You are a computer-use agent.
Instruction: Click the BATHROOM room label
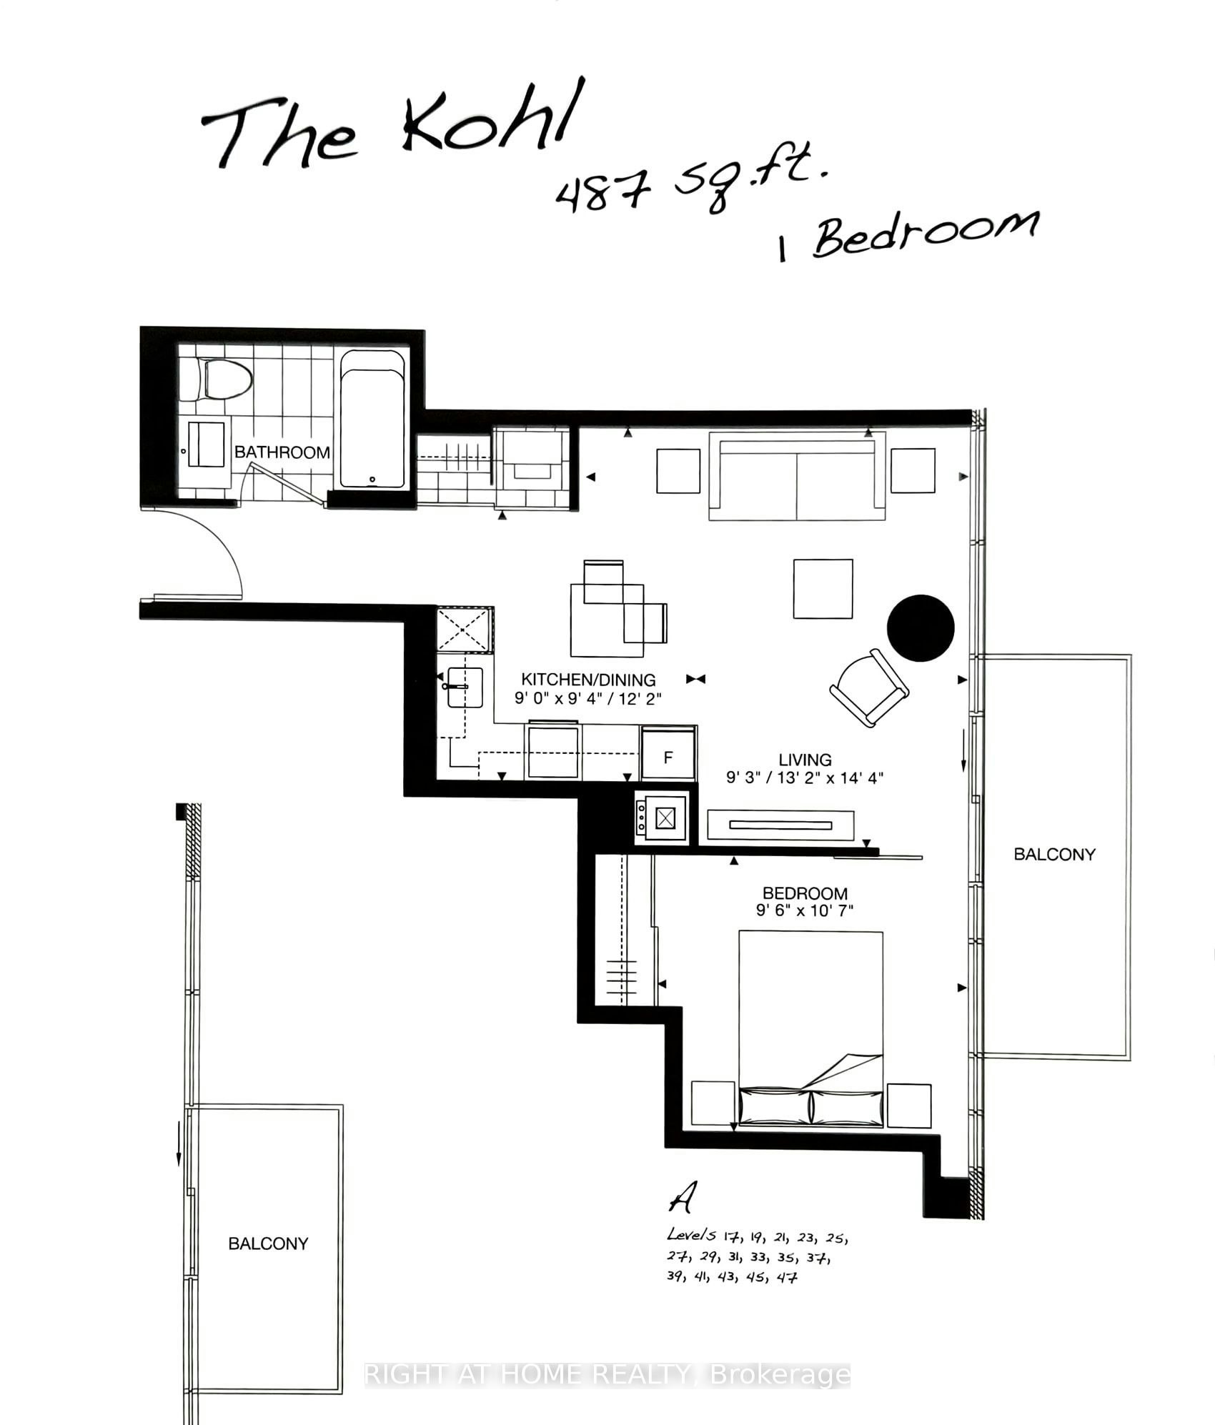point(282,452)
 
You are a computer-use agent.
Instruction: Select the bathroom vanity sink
point(206,445)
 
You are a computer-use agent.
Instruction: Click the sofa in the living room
point(797,476)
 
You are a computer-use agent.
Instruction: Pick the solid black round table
point(921,628)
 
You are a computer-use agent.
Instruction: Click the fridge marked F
point(668,754)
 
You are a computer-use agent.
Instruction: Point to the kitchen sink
point(465,687)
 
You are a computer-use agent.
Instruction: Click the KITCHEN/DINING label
point(588,680)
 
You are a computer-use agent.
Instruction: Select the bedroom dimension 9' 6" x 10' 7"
point(805,911)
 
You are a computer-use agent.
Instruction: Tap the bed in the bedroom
point(810,1028)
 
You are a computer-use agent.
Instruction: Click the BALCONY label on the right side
point(1054,855)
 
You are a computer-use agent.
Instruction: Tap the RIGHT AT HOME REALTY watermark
point(607,1375)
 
